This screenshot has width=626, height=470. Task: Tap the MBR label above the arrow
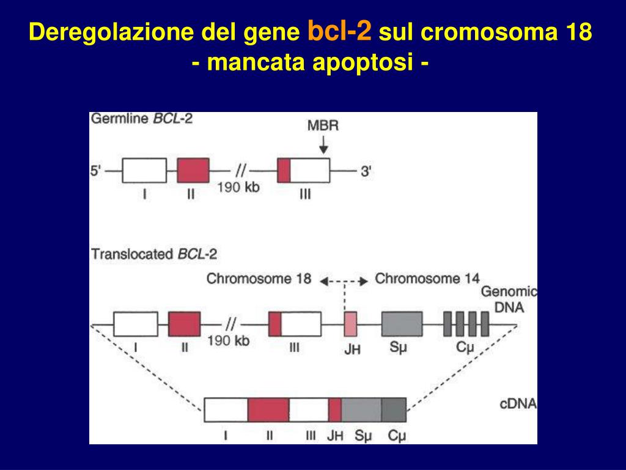(323, 126)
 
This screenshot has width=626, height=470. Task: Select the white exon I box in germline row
(144, 170)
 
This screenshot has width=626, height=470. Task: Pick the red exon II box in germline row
(193, 170)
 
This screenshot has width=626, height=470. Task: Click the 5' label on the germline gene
(97, 171)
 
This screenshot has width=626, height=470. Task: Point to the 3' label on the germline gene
(366, 171)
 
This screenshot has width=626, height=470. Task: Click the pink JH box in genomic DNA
(350, 323)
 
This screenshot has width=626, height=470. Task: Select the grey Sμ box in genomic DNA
(402, 323)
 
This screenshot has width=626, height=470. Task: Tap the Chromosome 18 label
(259, 279)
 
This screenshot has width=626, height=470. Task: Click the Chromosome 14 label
(427, 279)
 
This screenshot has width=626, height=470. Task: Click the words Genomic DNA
(508, 300)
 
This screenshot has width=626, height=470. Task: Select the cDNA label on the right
(518, 404)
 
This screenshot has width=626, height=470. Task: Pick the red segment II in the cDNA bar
(268, 409)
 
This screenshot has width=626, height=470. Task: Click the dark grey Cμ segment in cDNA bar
(394, 409)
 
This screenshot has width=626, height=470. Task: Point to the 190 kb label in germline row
(238, 187)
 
